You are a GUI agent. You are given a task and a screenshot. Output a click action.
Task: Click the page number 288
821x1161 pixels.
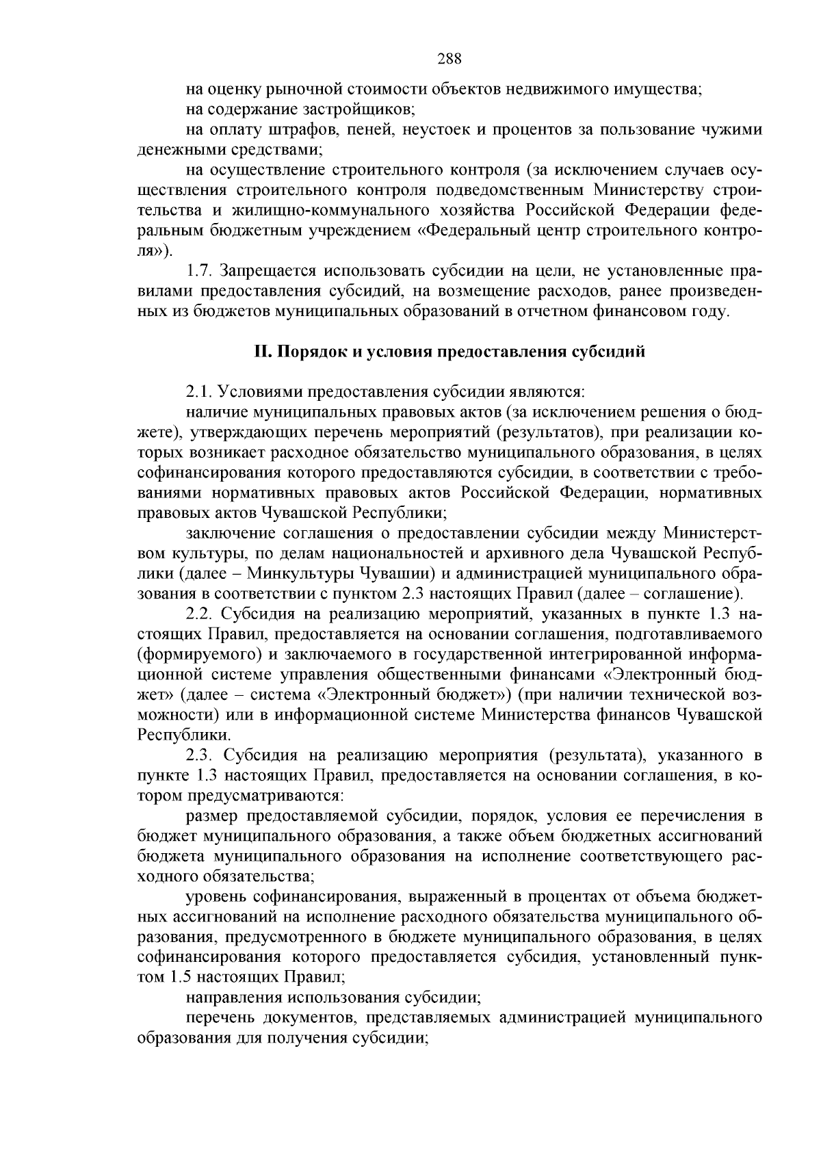click(x=449, y=59)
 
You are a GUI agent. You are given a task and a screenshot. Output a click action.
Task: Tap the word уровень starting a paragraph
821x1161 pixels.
click(x=216, y=897)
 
